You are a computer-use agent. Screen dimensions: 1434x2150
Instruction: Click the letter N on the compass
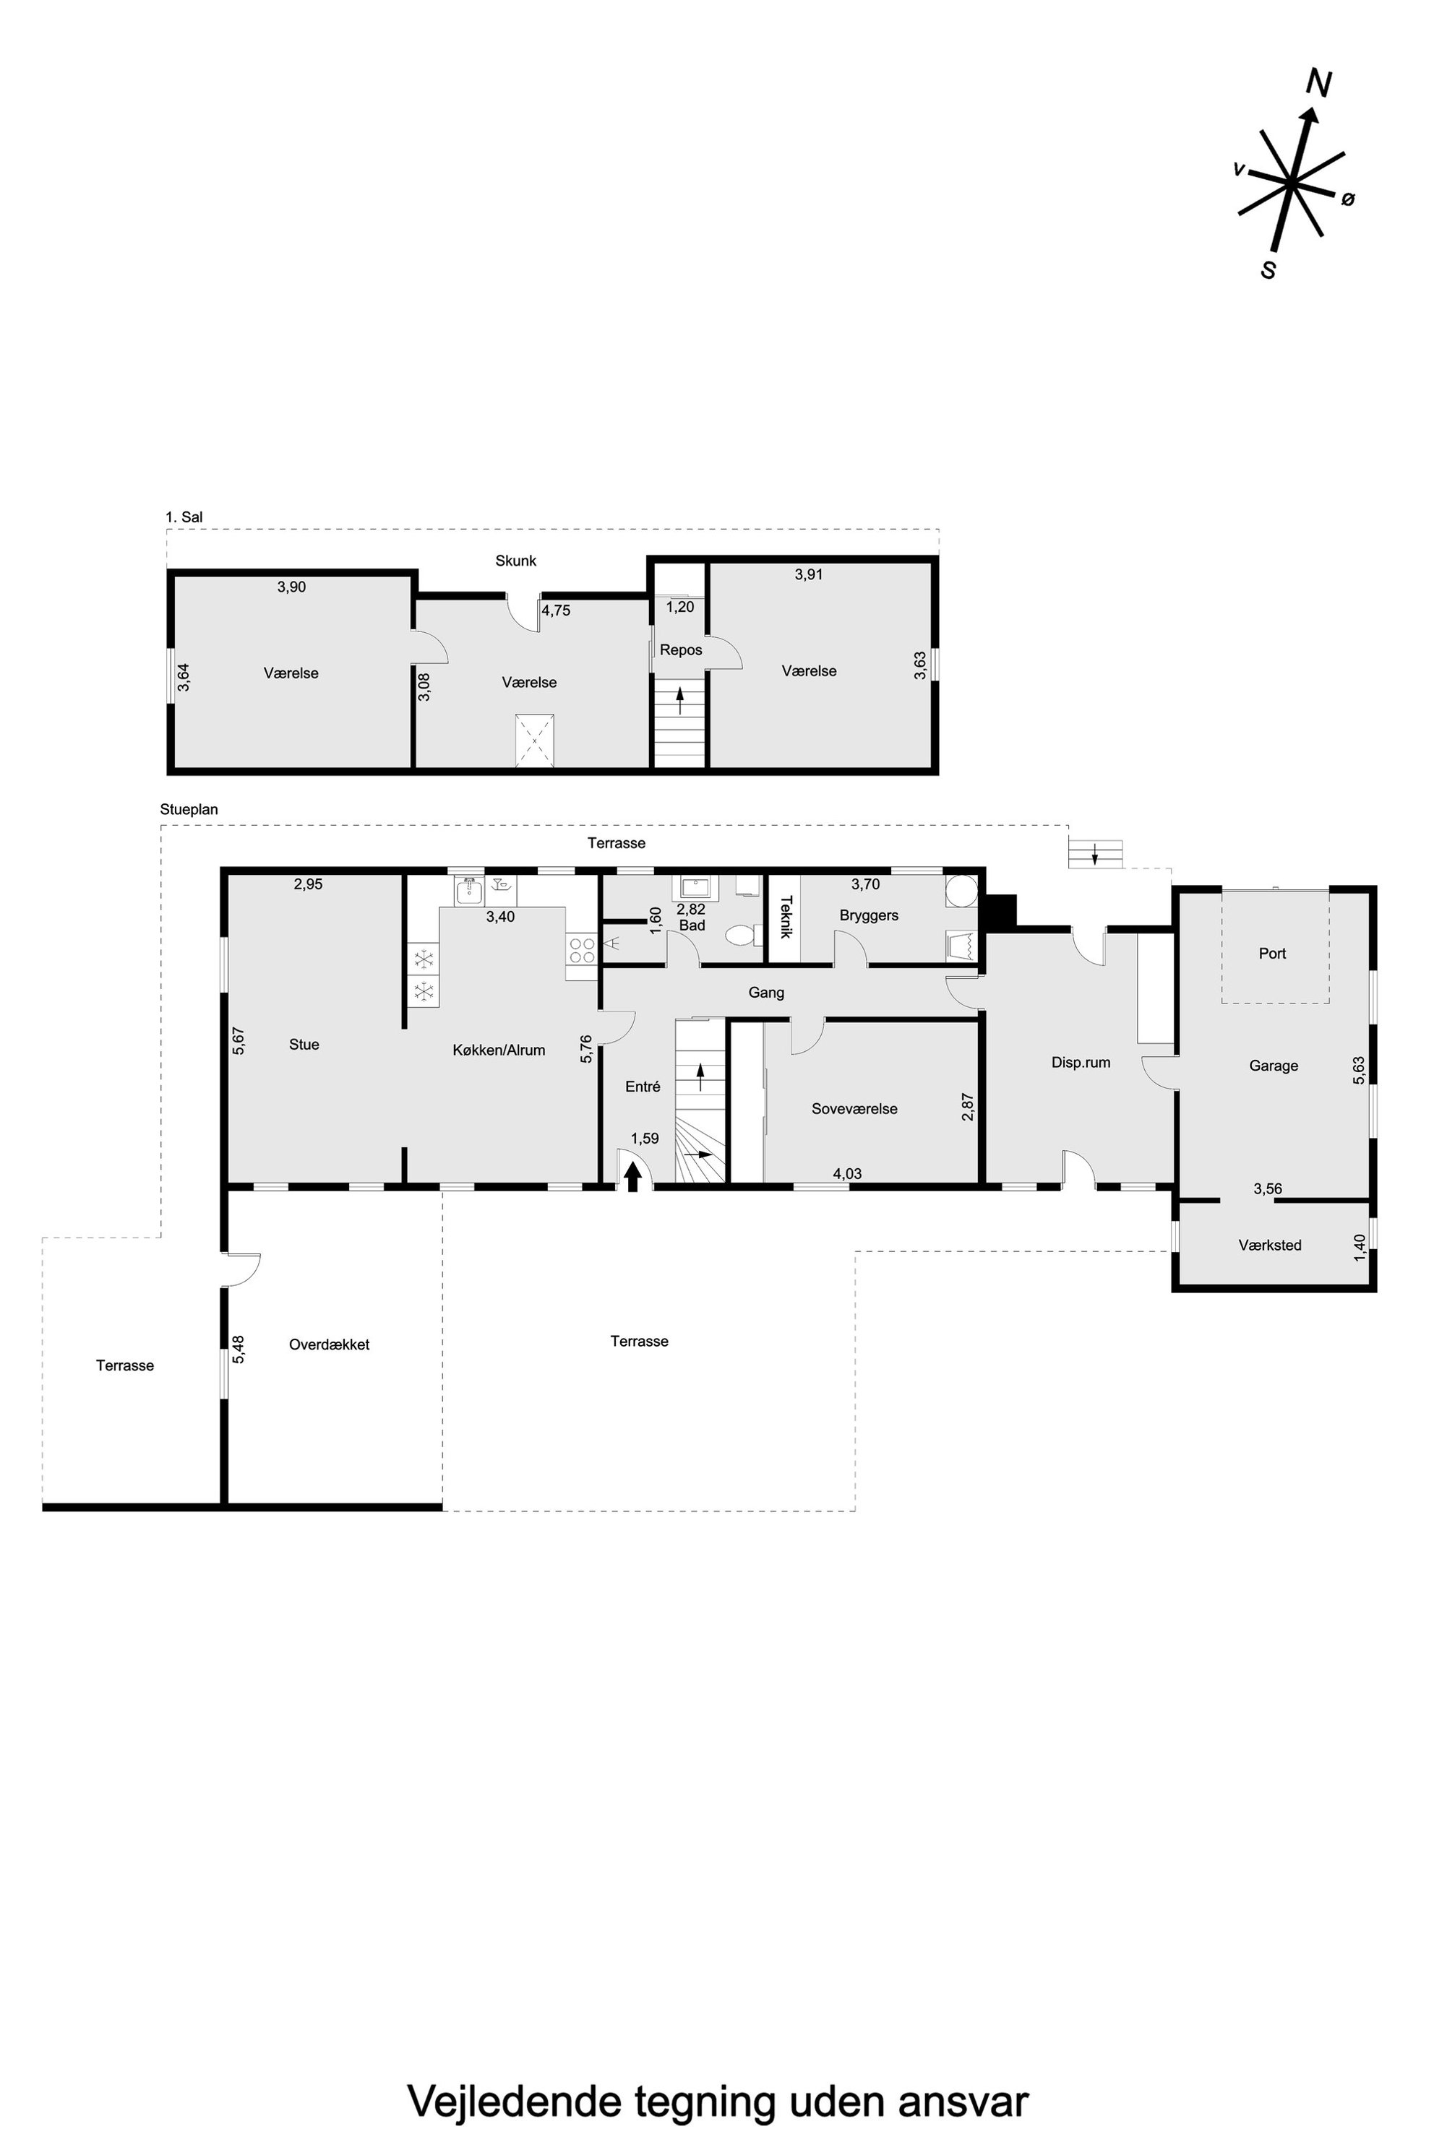pos(1318,83)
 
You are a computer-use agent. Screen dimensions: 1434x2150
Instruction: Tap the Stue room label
pos(304,1044)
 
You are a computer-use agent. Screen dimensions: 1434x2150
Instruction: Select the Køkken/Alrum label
pos(499,1050)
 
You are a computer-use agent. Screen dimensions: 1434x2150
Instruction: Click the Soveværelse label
pos(854,1109)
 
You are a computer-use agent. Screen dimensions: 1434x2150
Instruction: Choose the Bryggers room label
pos(869,915)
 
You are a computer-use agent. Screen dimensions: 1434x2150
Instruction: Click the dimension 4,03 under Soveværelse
pos(847,1174)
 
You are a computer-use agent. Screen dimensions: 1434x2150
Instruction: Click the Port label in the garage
pos(1272,954)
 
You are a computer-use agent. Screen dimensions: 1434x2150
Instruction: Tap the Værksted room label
pos(1269,1245)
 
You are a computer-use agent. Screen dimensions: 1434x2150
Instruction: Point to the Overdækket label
pos(330,1344)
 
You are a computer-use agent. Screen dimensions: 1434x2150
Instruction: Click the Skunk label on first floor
pos(516,561)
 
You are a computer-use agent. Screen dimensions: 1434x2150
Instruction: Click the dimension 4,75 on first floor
pos(556,610)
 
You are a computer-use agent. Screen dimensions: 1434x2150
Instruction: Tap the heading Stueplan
pos(189,810)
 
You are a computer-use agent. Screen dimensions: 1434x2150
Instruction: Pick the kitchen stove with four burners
pos(580,950)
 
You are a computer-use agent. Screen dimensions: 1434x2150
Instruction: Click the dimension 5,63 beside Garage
pos(1359,1071)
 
